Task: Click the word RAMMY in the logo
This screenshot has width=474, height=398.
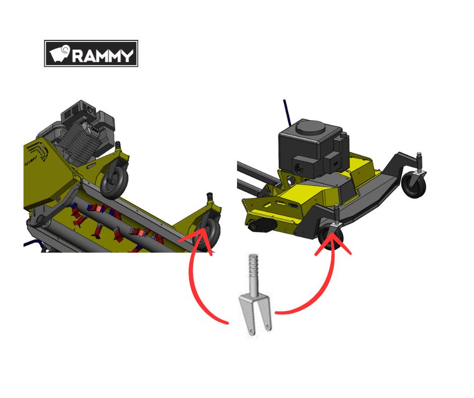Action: pos(103,56)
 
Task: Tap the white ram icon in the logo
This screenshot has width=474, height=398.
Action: pos(60,54)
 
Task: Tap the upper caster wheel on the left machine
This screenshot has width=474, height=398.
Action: pos(114,181)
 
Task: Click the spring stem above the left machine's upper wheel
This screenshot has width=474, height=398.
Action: pos(118,146)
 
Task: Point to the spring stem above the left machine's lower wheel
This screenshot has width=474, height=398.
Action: pos(209,198)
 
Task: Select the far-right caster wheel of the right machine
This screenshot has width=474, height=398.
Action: pos(413,184)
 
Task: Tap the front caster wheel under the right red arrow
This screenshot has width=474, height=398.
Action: pos(330,238)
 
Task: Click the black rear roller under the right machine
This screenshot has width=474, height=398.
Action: pos(262,225)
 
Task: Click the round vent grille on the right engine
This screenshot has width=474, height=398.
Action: pos(299,169)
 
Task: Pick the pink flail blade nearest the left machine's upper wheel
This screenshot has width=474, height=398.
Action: pos(96,209)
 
